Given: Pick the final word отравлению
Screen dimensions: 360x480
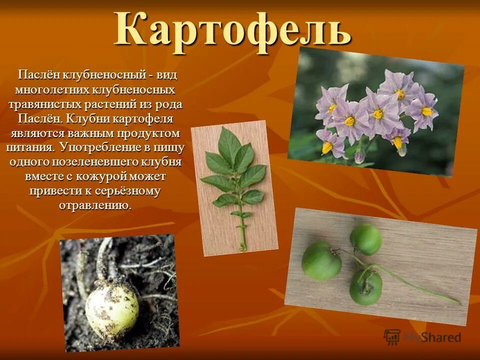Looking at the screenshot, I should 95,205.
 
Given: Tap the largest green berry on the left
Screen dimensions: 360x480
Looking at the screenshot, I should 321,260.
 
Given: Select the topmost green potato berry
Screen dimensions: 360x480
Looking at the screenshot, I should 365,239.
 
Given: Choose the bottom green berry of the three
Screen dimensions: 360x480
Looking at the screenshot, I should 365,287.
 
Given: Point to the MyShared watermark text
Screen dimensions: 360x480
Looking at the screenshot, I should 431,337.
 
